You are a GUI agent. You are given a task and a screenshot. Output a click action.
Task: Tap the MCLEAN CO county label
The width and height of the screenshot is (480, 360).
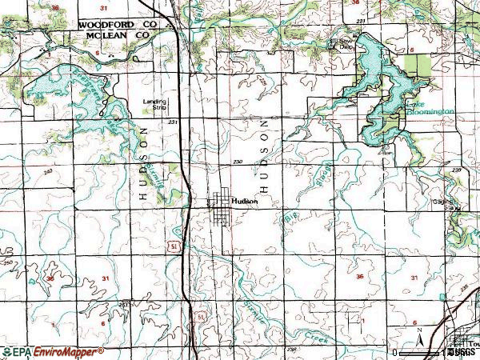point(118,35)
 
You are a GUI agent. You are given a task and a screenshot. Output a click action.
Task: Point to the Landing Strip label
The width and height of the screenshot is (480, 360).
point(154,103)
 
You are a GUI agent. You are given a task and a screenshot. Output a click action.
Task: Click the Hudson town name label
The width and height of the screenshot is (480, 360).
point(244,202)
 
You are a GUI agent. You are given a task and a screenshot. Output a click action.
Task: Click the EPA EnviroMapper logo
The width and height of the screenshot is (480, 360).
point(53,351)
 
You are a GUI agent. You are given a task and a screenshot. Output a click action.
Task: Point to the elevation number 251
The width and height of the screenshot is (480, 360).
point(123,305)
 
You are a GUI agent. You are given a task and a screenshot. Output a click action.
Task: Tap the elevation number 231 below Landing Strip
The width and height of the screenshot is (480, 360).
point(173,122)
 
